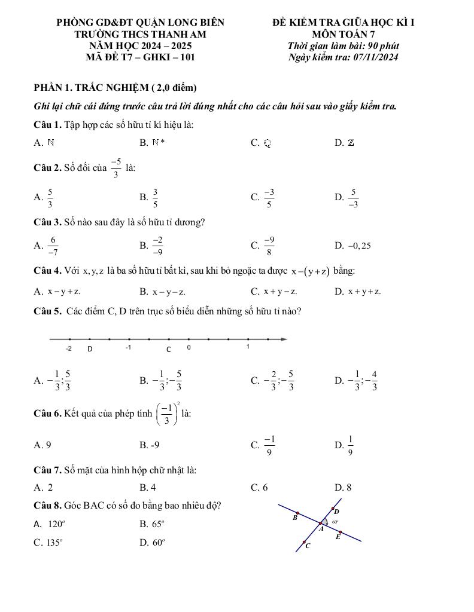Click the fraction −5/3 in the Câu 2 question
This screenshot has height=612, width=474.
click(116, 168)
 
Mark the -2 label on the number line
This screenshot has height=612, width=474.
click(69, 348)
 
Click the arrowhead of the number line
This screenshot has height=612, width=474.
click(284, 339)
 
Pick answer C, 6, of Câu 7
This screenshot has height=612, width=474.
click(260, 488)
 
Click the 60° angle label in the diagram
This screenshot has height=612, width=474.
click(335, 522)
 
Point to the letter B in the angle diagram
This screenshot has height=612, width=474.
click(294, 518)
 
